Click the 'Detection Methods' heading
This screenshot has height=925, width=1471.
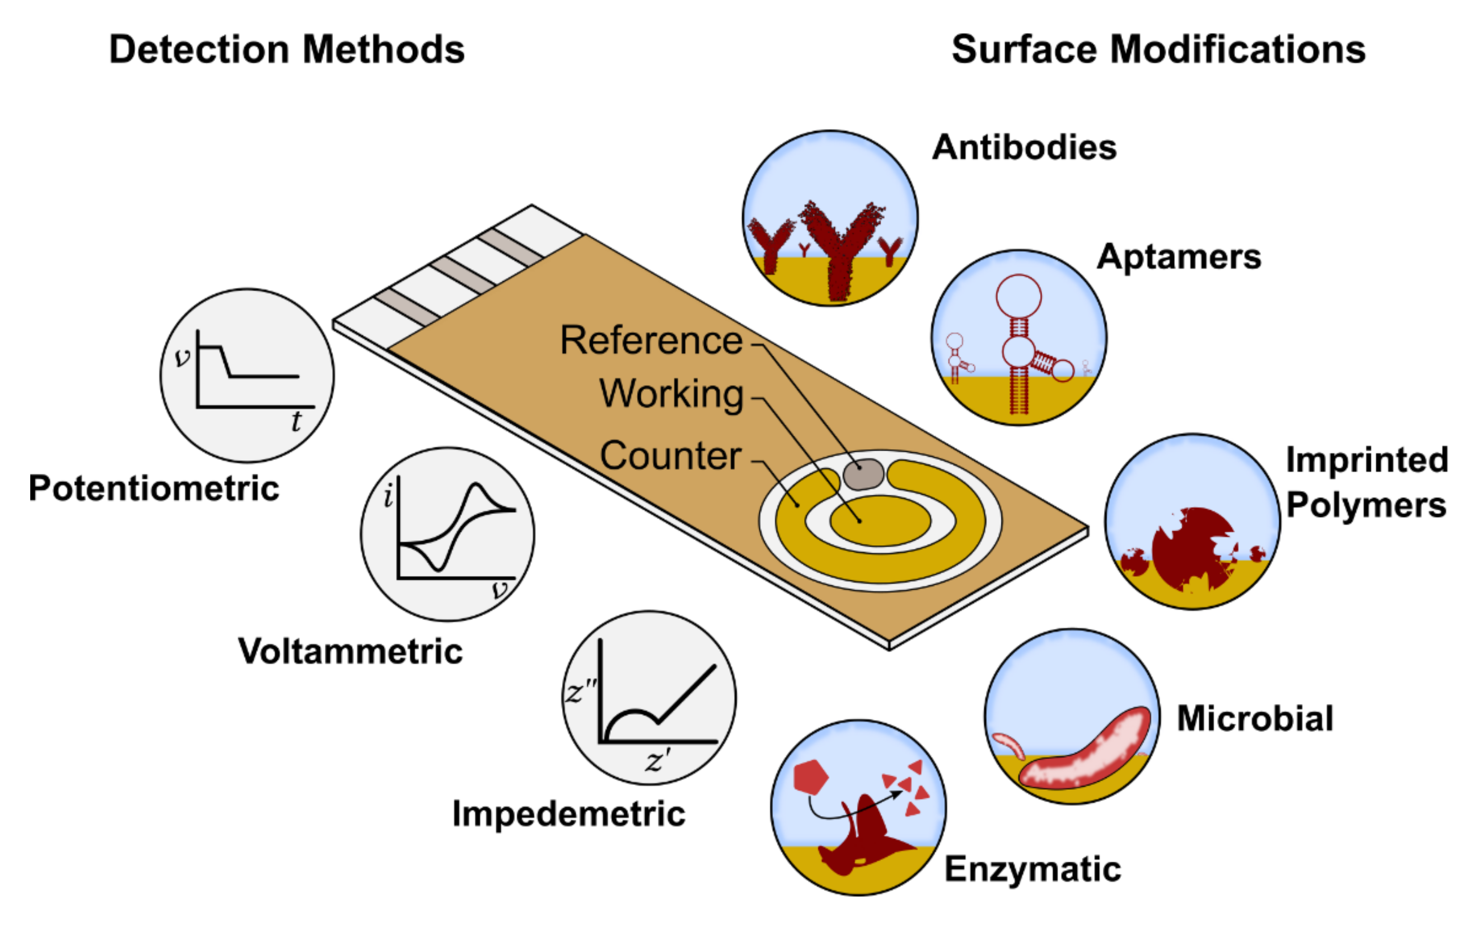point(286,50)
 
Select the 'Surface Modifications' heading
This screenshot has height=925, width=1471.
point(1158,50)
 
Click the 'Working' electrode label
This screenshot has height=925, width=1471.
point(671,393)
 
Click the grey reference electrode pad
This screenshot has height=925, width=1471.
point(862,474)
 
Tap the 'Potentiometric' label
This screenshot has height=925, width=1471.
point(154,488)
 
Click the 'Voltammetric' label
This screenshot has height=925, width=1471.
point(350,651)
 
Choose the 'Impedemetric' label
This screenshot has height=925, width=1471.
point(568,814)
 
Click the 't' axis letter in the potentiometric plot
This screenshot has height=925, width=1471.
point(296,421)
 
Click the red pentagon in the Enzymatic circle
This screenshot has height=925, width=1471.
point(810,776)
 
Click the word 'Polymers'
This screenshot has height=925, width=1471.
point(1366,505)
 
